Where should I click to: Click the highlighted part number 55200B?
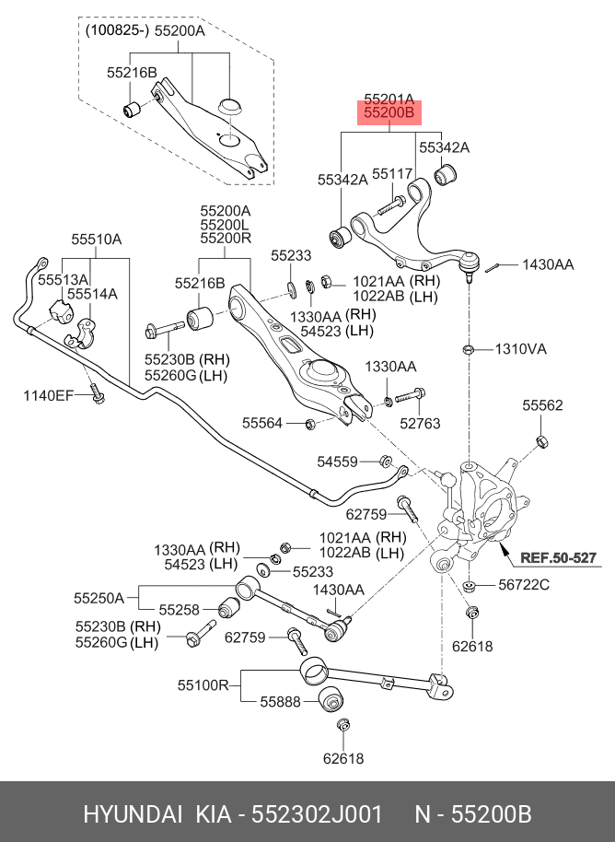[x=389, y=114]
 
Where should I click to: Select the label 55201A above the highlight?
[x=389, y=99]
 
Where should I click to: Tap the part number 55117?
[x=392, y=173]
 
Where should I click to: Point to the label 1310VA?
[x=520, y=349]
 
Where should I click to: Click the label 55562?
[x=543, y=405]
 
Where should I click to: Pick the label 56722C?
[x=524, y=584]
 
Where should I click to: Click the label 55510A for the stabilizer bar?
[x=97, y=240]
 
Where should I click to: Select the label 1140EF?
[x=48, y=396]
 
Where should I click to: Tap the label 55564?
[x=263, y=423]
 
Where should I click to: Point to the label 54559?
[x=338, y=461]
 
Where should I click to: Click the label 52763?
[x=420, y=423]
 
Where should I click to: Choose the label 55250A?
[x=99, y=597]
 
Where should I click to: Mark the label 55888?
[x=280, y=701]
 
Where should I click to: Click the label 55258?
[x=179, y=609]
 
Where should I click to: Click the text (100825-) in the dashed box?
[x=117, y=30]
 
